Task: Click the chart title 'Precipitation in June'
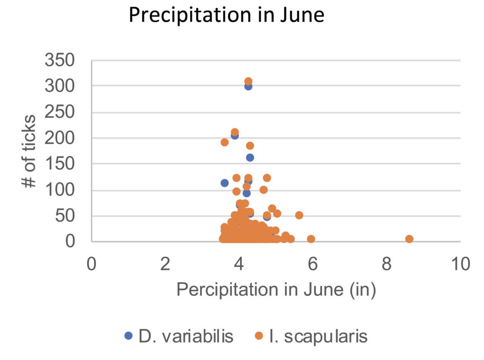(226, 16)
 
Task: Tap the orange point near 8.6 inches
(409, 239)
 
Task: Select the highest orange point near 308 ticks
(248, 81)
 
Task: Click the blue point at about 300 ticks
(248, 86)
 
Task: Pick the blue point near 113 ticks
(225, 183)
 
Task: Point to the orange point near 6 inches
(311, 239)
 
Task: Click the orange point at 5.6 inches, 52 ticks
(299, 215)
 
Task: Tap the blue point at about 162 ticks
(250, 158)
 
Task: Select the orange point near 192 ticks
(225, 142)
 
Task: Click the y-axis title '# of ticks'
(30, 151)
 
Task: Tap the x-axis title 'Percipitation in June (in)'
(276, 290)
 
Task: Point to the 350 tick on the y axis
(60, 60)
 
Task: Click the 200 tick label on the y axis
(60, 138)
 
